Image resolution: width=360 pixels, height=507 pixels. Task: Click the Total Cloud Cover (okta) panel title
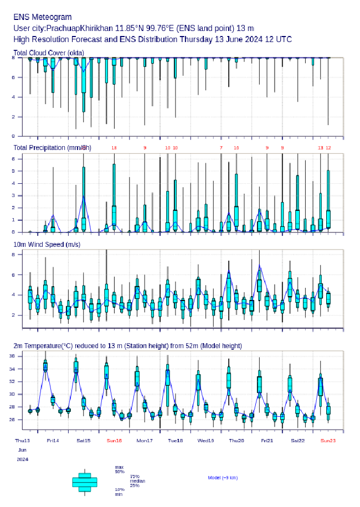(49, 53)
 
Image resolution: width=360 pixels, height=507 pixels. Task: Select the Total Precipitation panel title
(52, 147)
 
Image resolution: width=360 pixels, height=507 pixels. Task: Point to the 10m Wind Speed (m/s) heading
(47, 244)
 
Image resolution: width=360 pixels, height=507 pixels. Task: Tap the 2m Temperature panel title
(127, 346)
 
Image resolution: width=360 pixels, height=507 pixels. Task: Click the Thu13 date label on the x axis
(23, 441)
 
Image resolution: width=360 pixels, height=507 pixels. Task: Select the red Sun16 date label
(114, 441)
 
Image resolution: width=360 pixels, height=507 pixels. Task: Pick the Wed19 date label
(206, 441)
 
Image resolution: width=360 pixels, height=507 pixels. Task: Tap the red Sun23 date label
(328, 441)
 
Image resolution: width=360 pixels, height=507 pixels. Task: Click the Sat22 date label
(298, 441)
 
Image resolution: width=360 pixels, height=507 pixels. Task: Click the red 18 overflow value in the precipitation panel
(114, 148)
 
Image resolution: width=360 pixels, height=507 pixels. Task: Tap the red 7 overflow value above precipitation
(221, 148)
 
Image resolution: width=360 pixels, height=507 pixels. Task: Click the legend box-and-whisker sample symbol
(85, 482)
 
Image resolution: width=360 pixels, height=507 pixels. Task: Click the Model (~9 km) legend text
(223, 477)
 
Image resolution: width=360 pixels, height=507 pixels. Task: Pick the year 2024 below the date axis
(23, 459)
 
